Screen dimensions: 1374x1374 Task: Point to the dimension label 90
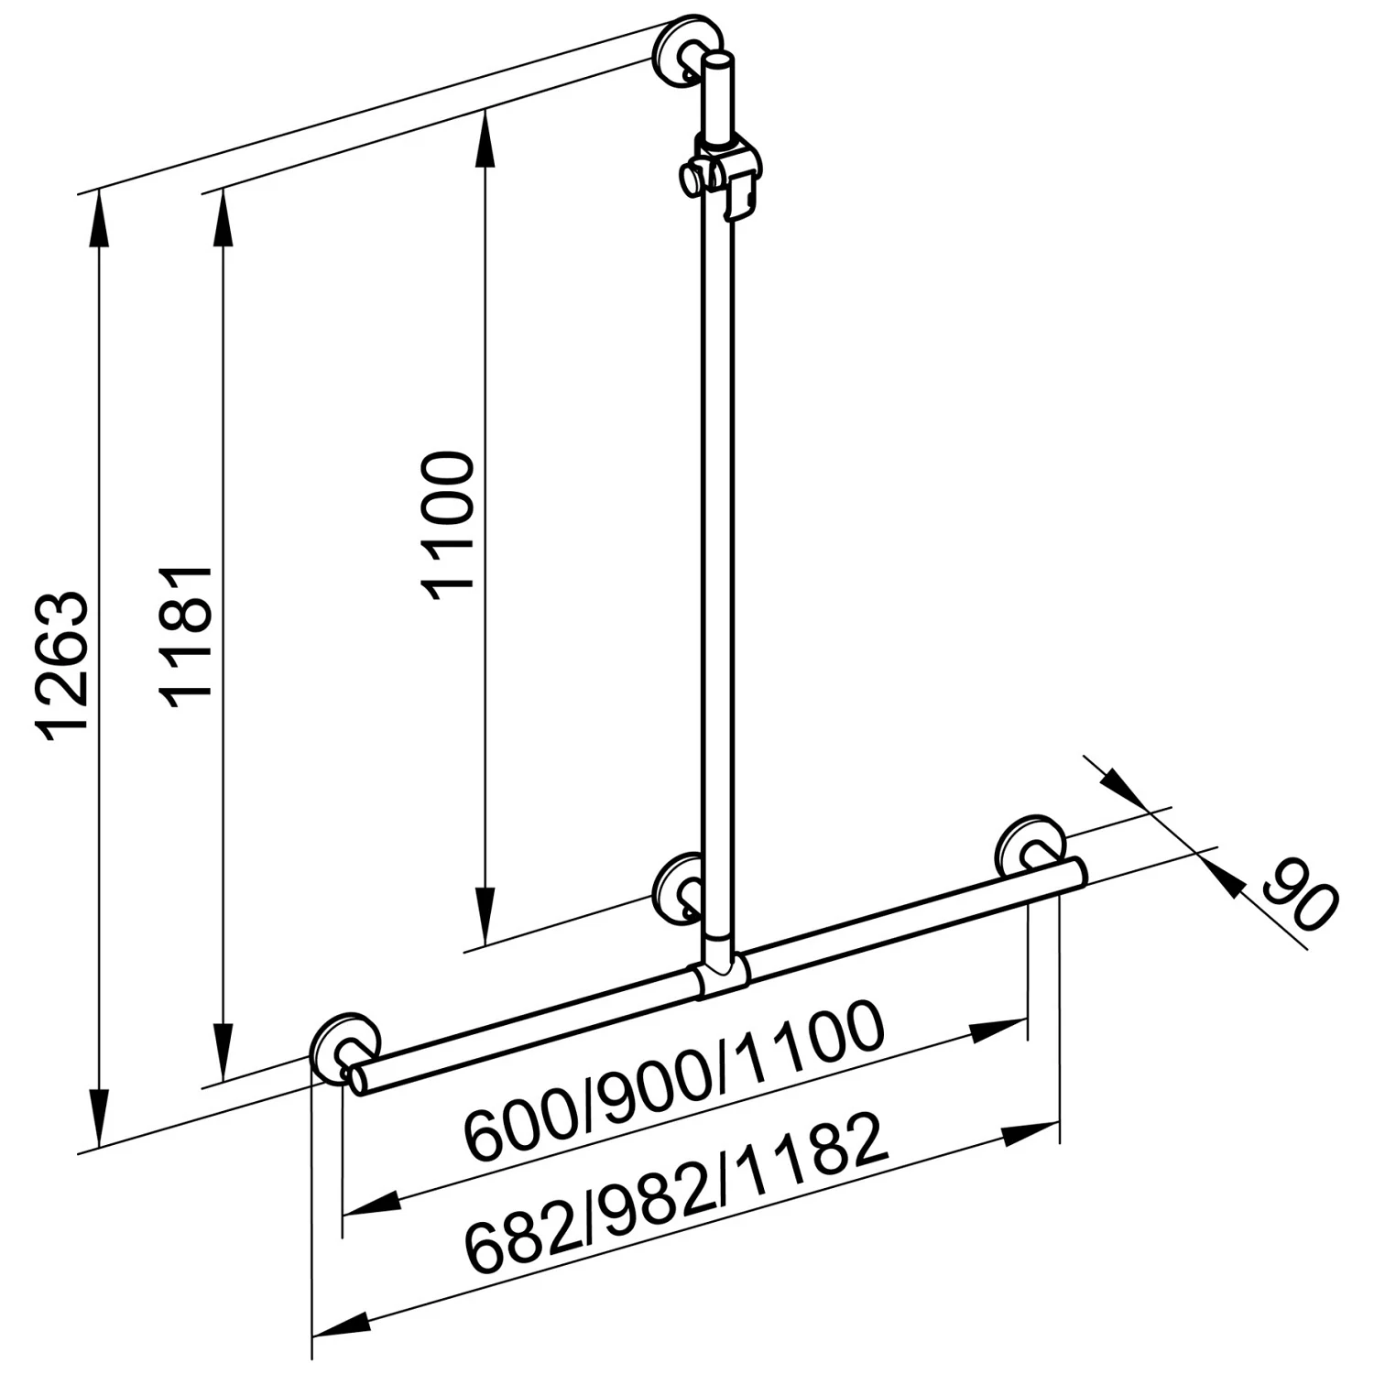[x=1299, y=894]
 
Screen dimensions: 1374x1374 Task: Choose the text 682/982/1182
[x=677, y=1192]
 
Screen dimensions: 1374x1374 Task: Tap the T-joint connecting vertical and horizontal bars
[x=721, y=977]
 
